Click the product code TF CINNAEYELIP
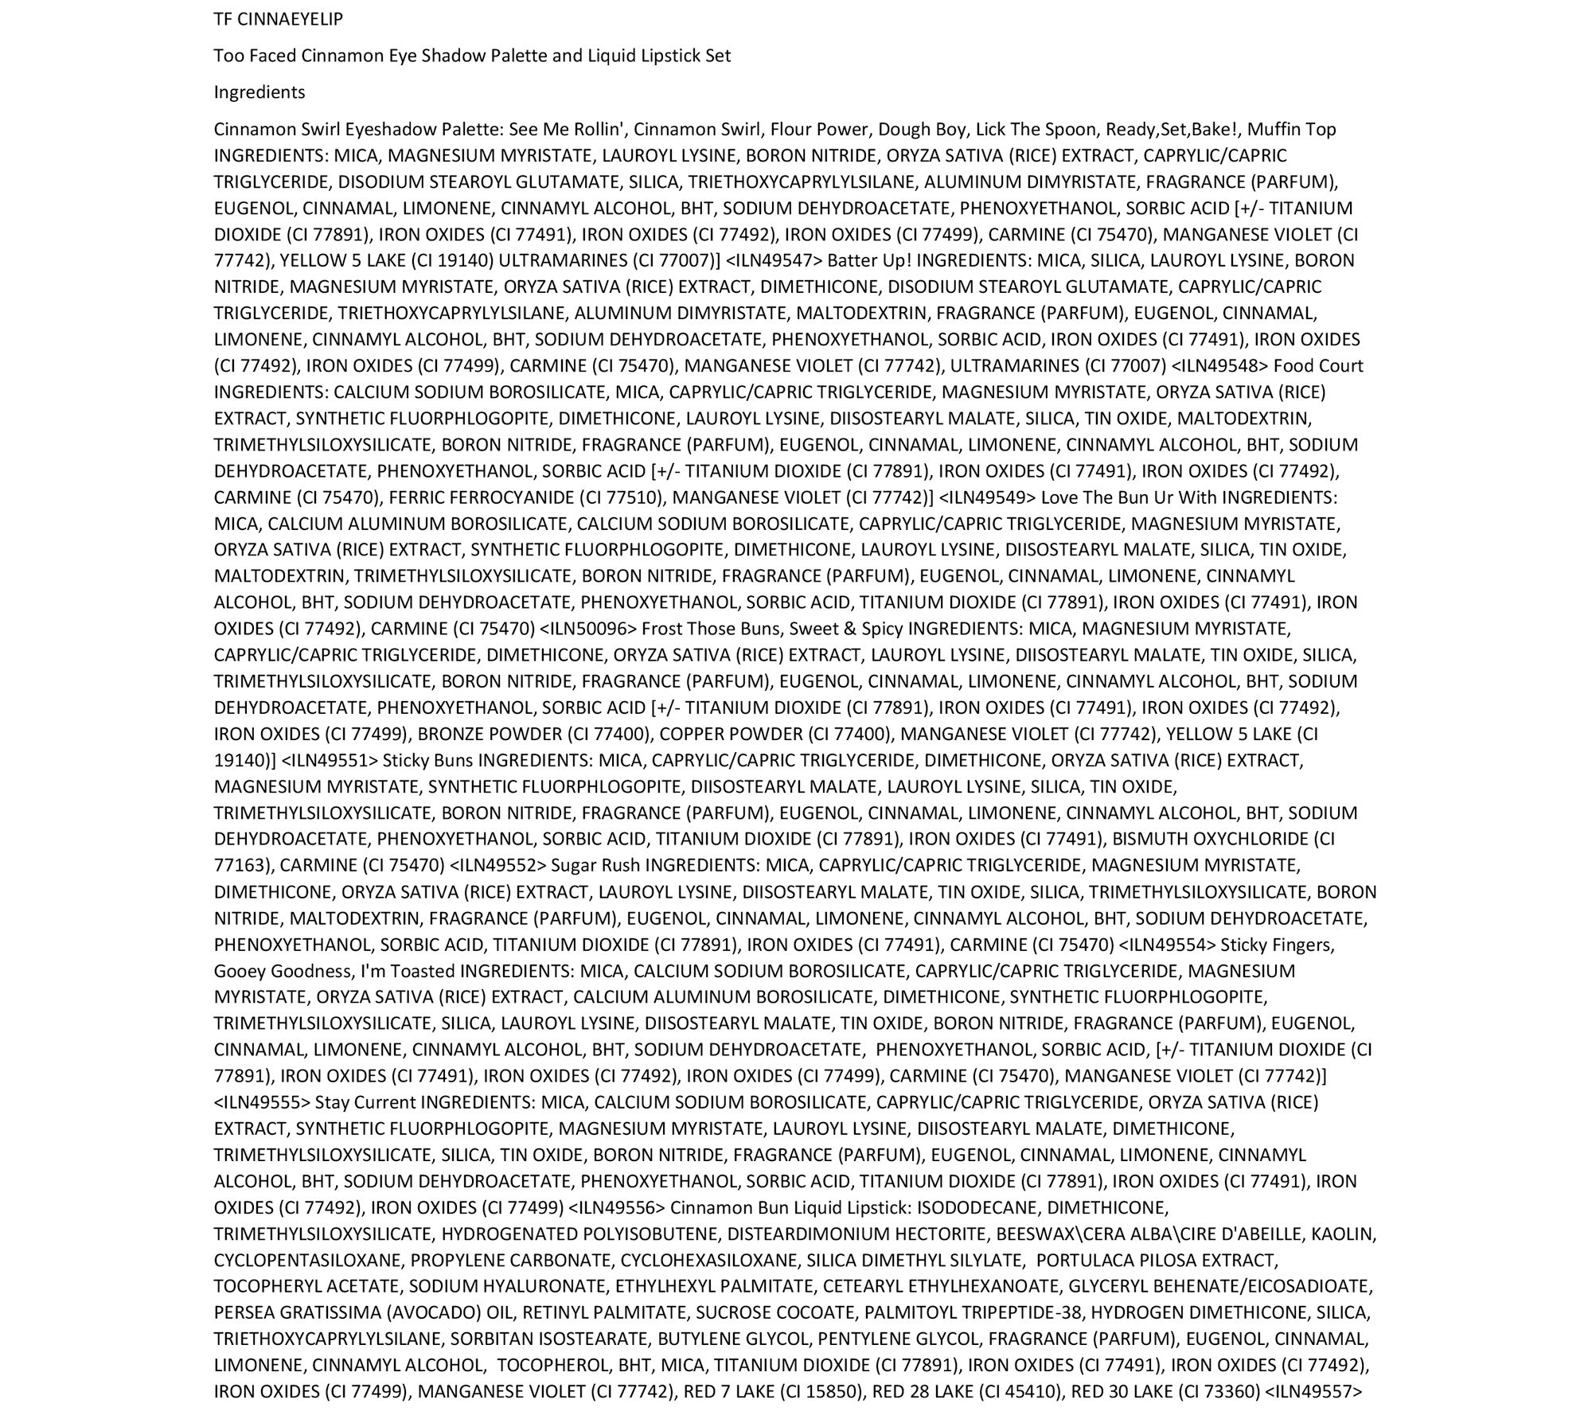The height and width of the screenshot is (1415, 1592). pyautogui.click(x=278, y=20)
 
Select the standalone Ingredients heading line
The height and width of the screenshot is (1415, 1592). pyautogui.click(x=259, y=92)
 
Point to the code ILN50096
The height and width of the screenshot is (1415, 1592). pyautogui.click(x=588, y=629)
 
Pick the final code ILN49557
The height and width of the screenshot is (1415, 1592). pyautogui.click(x=1313, y=1392)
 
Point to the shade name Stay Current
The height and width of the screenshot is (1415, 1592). pyautogui.click(x=365, y=1102)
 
